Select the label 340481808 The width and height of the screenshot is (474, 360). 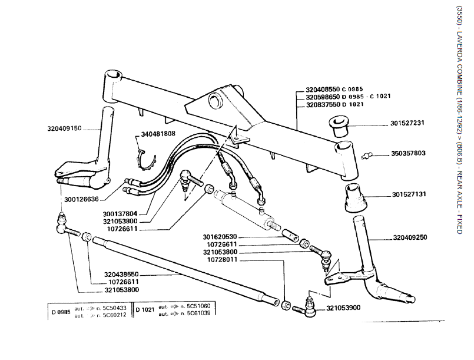pyautogui.click(x=158, y=134)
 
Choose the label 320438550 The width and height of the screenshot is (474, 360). pyautogui.click(x=121, y=274)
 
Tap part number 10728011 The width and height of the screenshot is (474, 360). pyautogui.click(x=225, y=259)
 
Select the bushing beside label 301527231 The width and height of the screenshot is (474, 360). pyautogui.click(x=339, y=125)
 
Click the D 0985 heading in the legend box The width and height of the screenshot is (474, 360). pyautogui.click(x=60, y=311)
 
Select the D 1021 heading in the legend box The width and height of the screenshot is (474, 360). pyautogui.click(x=145, y=310)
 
